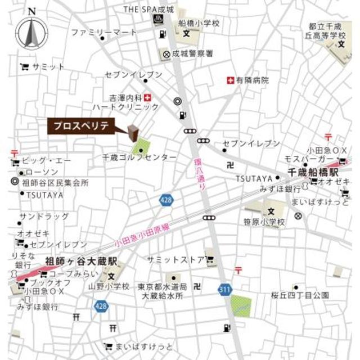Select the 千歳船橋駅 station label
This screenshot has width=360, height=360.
point(314,171)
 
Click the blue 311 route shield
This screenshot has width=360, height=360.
point(225,289)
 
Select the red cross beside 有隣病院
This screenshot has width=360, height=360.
point(229,80)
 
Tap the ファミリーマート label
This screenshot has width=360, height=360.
point(104,32)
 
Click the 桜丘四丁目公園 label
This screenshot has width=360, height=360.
point(299,295)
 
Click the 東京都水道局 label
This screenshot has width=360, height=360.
point(161,286)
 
